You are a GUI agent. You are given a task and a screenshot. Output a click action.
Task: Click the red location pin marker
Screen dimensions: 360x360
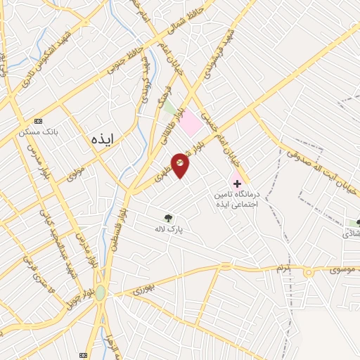tap(181, 165)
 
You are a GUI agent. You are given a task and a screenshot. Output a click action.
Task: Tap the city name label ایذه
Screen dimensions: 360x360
tap(106, 139)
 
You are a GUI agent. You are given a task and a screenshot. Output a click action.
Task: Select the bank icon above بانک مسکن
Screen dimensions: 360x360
tap(38, 121)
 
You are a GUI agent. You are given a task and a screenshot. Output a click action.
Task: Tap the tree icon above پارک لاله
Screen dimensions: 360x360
tap(167, 218)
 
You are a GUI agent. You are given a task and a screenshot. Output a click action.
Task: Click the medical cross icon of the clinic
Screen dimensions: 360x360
tap(237, 183)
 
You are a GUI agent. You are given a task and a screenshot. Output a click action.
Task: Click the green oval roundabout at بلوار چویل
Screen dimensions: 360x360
tap(101, 292)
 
